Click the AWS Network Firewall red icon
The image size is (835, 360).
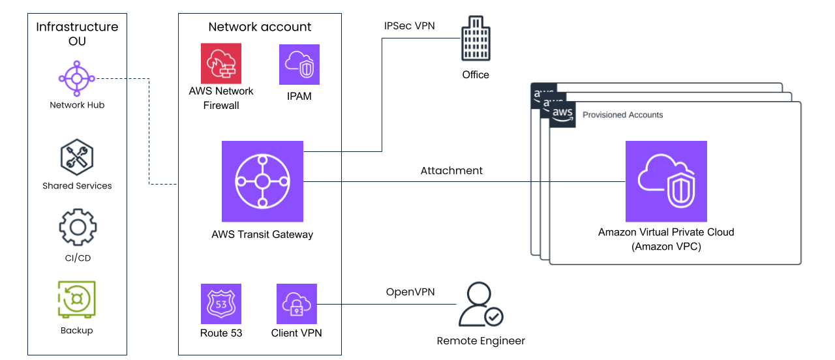click(221, 64)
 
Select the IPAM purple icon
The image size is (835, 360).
click(299, 64)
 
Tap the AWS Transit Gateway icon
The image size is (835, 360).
click(262, 181)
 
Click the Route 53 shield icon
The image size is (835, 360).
click(221, 304)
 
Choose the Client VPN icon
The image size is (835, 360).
click(297, 304)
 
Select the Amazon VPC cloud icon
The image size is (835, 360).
click(666, 181)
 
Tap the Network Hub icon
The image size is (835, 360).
click(77, 79)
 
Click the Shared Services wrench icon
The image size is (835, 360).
click(77, 157)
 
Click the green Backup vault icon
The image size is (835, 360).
click(77, 300)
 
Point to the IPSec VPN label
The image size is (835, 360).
click(410, 26)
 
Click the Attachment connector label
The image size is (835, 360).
click(451, 171)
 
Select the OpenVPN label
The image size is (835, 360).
click(410, 292)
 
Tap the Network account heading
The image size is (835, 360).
click(260, 27)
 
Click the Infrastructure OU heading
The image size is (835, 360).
click(77, 34)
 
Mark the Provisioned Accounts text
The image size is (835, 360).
click(622, 115)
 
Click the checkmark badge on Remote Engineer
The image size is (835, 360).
click(494, 317)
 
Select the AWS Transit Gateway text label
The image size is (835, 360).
click(262, 234)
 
